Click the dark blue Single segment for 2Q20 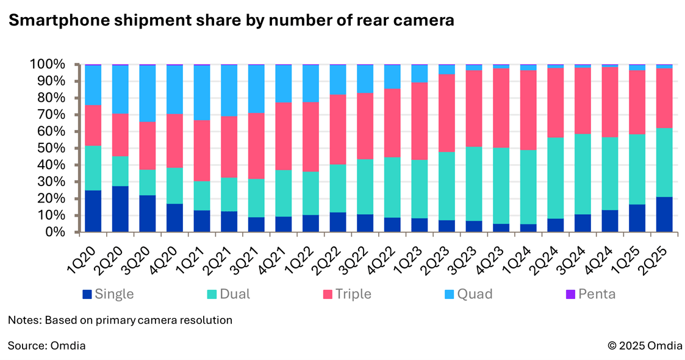pyautogui.click(x=120, y=209)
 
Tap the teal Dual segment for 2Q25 pyautogui.click(x=664, y=162)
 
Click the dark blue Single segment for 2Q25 pyautogui.click(x=664, y=214)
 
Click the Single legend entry pyautogui.click(x=109, y=294)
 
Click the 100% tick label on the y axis pyautogui.click(x=56, y=64)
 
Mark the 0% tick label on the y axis pyautogui.click(x=63, y=232)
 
